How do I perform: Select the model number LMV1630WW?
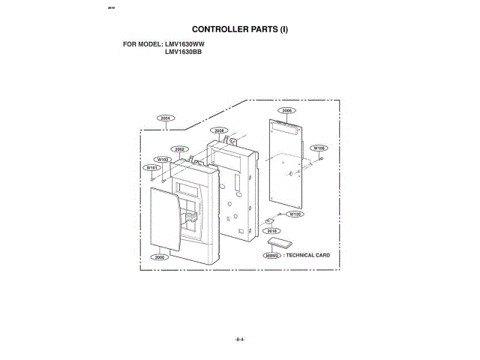(184, 44)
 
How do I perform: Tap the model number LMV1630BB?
(184, 52)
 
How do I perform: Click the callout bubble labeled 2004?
(166, 118)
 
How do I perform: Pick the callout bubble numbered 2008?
(219, 130)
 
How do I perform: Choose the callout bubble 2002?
(180, 149)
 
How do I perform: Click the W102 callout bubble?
(162, 160)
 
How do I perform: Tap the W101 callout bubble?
(151, 169)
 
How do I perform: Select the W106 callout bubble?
(318, 148)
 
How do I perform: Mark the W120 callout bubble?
(295, 214)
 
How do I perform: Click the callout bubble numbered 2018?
(273, 231)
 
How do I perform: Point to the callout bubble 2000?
(158, 257)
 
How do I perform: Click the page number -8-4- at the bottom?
(240, 340)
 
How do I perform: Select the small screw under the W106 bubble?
(320, 158)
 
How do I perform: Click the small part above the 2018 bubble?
(267, 221)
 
